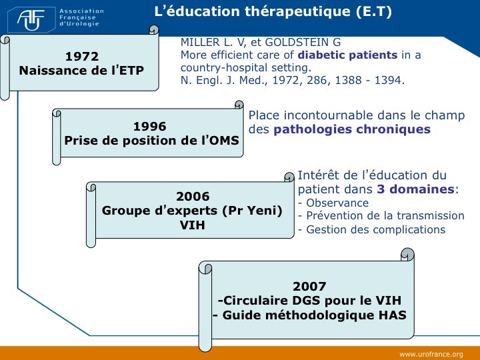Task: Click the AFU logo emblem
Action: [x=31, y=20]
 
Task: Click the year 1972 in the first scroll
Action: [x=82, y=56]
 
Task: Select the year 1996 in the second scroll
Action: [x=150, y=127]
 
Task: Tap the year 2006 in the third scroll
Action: [x=193, y=196]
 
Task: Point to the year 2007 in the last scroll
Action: [x=309, y=287]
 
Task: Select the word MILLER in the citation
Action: [x=200, y=42]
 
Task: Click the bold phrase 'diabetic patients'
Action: [x=347, y=55]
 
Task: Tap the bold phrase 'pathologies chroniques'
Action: [x=352, y=129]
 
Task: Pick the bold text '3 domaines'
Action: [x=416, y=189]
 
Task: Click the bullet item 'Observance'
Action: [x=337, y=203]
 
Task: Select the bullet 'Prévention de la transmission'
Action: [x=385, y=215]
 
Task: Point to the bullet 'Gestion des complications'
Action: [x=375, y=229]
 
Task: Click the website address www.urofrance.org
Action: [x=431, y=355]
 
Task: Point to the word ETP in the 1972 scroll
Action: [x=131, y=71]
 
